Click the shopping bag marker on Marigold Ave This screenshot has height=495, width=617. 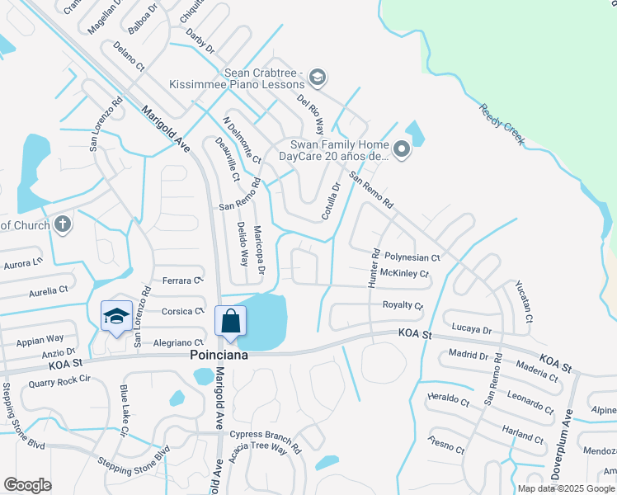(x=231, y=321)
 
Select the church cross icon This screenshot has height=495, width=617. (x=62, y=224)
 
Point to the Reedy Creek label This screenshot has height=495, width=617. (x=502, y=125)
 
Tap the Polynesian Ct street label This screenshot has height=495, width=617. (x=413, y=257)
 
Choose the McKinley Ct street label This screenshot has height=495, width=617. (x=404, y=273)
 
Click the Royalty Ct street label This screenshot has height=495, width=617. (x=403, y=305)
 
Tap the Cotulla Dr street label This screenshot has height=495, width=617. (x=332, y=201)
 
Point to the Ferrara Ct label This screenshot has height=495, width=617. (x=182, y=281)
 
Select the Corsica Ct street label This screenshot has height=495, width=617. (x=182, y=311)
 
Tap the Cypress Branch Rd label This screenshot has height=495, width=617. (x=266, y=434)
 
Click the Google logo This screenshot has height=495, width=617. (x=27, y=485)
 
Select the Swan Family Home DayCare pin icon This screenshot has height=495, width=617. (x=402, y=149)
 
